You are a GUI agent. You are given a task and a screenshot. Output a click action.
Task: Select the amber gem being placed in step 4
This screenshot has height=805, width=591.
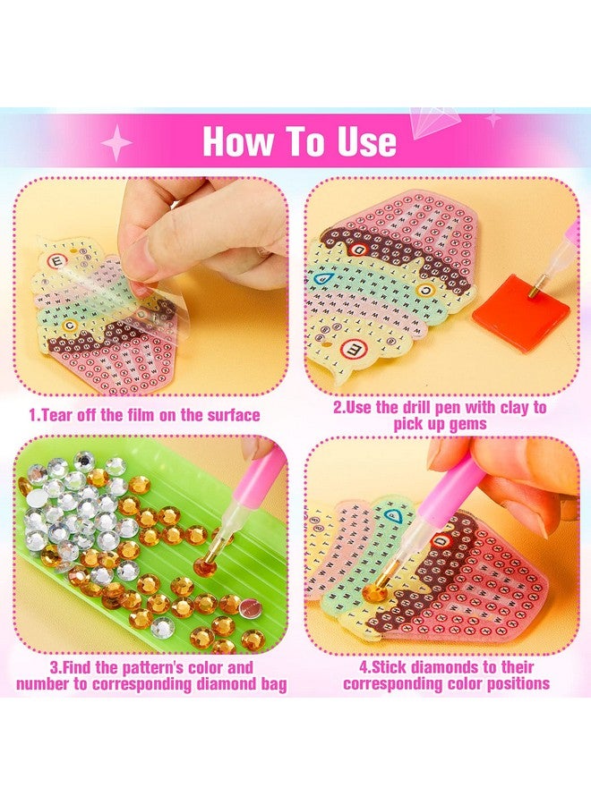click(381, 592)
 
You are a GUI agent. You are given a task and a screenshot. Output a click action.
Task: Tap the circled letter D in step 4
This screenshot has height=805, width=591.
click(443, 541)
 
